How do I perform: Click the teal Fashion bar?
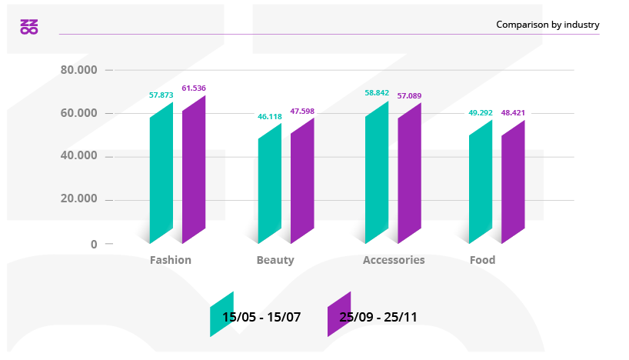click(161, 173)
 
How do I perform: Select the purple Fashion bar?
click(194, 169)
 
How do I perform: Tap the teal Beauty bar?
click(269, 185)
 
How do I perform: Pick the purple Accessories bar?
click(409, 173)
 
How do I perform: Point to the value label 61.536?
click(194, 88)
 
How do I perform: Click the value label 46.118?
click(269, 117)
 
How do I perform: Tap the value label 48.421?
click(513, 113)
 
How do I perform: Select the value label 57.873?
click(161, 95)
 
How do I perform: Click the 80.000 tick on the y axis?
click(78, 70)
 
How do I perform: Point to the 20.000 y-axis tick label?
click(78, 199)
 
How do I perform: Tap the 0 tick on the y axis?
click(94, 244)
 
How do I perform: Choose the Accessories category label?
click(394, 260)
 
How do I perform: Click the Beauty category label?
click(275, 260)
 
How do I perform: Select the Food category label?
click(482, 260)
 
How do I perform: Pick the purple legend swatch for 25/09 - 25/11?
click(339, 314)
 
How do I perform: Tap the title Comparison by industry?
click(547, 25)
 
